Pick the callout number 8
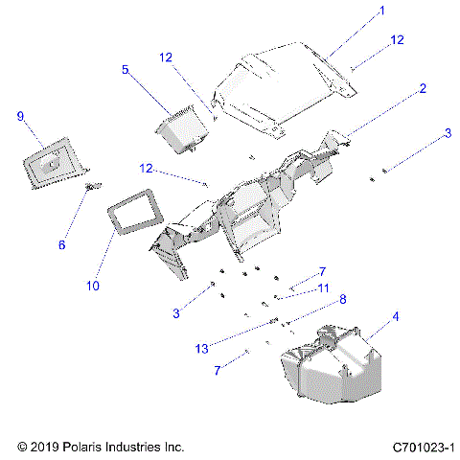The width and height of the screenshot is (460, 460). [342, 299]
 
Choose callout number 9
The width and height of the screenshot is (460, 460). [20, 116]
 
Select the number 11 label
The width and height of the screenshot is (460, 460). [324, 287]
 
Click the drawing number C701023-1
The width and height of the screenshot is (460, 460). [423, 447]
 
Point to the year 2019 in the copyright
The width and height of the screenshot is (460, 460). [44, 447]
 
